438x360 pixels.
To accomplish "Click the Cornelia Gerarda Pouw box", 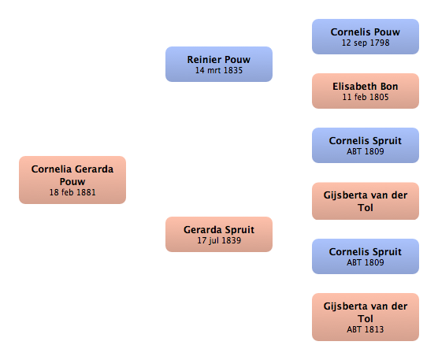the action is (72, 180).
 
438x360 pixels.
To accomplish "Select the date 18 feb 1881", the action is (72, 192).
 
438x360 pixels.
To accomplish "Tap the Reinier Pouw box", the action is (219, 65).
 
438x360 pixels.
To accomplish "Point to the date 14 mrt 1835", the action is (219, 70).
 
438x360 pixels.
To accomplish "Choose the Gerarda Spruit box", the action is (219, 234).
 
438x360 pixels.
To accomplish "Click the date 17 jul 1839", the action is (219, 240).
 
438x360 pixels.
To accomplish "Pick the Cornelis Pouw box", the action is (366, 36).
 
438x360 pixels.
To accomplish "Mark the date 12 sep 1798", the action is (366, 43).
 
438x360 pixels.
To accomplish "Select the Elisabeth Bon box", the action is (366, 91).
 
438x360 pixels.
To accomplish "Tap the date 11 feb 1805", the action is (366, 97).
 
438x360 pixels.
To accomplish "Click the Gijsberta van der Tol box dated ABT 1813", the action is (366, 317).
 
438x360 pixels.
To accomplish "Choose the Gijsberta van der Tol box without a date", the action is (366, 201).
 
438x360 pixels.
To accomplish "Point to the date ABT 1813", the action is (366, 329).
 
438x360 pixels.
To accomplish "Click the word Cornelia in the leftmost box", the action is (51, 169).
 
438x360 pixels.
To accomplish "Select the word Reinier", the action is (204, 60).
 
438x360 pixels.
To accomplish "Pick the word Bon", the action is (389, 87).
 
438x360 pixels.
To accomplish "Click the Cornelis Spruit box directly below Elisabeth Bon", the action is (366, 145).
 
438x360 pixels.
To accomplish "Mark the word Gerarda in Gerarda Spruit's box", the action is (202, 229).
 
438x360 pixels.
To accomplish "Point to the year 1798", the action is (380, 43).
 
